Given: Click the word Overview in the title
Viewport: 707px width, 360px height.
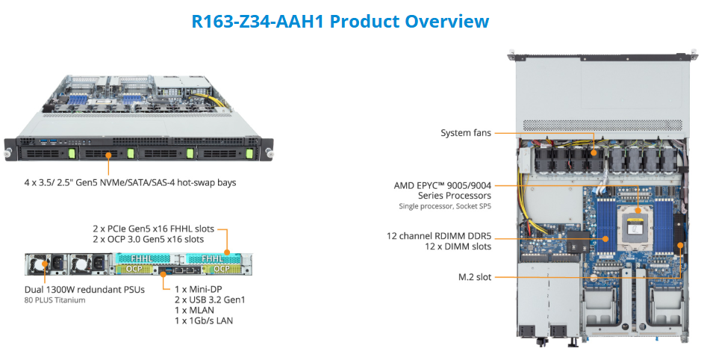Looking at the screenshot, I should click(446, 21).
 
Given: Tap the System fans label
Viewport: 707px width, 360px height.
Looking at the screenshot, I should click(466, 133).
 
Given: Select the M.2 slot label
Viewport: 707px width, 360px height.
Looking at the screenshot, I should click(475, 277).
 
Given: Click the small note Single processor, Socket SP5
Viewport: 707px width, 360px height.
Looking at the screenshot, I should click(445, 206).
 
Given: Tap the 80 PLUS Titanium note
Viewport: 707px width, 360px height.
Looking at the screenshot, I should click(54, 300).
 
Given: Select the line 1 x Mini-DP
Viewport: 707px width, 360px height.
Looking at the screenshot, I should click(198, 289).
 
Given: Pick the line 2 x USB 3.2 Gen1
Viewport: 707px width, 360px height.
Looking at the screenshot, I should click(210, 300).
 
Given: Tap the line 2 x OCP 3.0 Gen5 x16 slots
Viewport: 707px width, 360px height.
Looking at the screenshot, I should click(148, 239).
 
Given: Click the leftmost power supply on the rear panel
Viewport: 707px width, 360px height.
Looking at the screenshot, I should click(40, 264).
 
